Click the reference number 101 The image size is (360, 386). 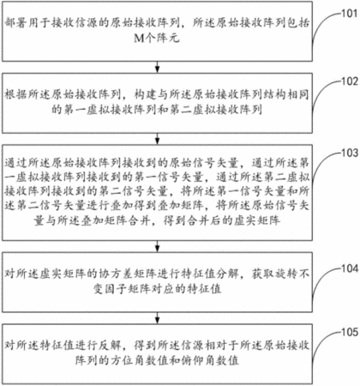point(350,13)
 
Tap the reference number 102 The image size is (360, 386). point(350,81)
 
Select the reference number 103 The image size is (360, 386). point(350,153)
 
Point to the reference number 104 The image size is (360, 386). point(350,268)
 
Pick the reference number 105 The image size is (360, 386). point(350,332)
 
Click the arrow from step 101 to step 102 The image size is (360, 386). point(157,67)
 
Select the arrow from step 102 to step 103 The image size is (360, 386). point(157,139)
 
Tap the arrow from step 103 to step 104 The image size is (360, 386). point(157,246)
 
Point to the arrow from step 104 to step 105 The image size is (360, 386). point(157,318)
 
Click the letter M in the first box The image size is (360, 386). point(139,38)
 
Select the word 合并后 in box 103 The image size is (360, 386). point(204,220)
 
